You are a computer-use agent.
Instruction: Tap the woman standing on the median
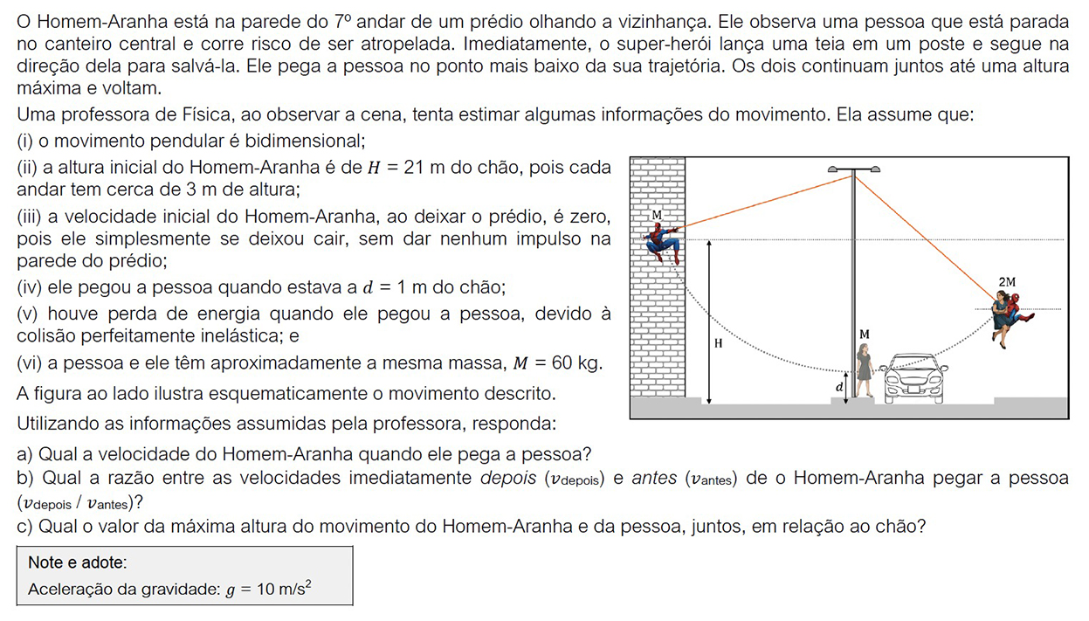click(865, 370)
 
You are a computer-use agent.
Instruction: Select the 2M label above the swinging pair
click(1007, 281)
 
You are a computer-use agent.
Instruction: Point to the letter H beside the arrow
click(719, 344)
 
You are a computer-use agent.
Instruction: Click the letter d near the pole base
click(839, 386)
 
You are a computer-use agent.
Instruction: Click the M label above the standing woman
click(864, 335)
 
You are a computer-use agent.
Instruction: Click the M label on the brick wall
click(656, 215)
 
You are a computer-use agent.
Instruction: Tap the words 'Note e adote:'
click(78, 563)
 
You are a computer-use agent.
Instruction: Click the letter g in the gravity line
click(231, 590)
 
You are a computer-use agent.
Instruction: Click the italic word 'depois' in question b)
click(508, 479)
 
